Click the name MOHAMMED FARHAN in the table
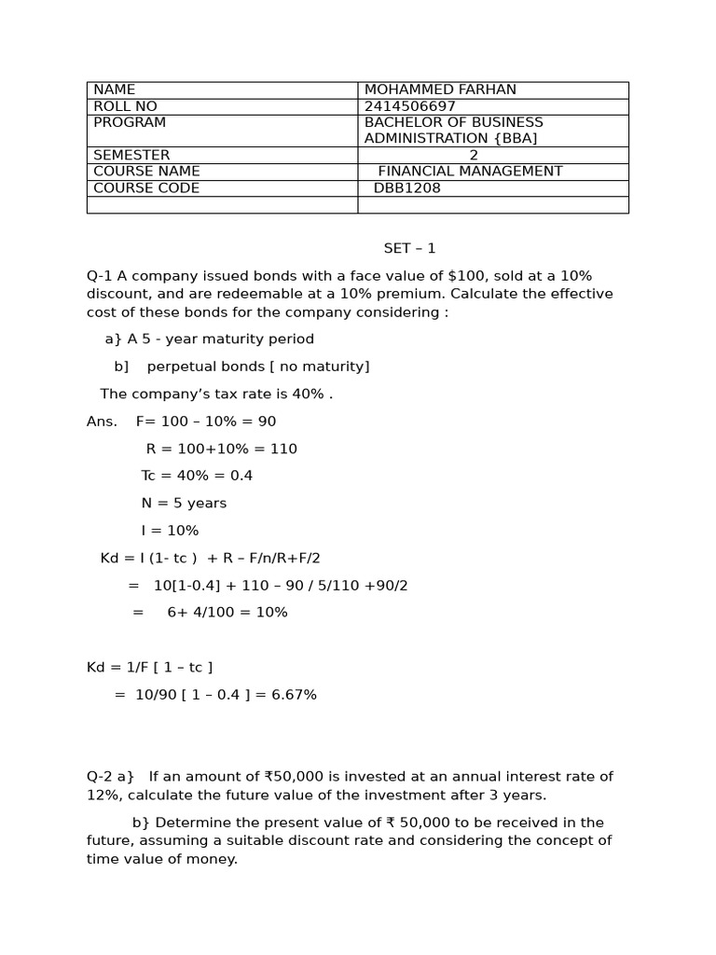click(440, 90)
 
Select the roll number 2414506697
click(409, 106)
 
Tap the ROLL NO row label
click(125, 106)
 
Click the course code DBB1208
click(406, 188)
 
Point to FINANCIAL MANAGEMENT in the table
click(470, 172)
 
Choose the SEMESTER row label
click(131, 155)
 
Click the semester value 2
click(474, 155)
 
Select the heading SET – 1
click(409, 249)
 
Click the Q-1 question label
click(100, 276)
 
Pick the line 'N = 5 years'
click(184, 504)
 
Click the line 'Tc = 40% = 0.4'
click(197, 476)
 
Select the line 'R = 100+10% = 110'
click(221, 449)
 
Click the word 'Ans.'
click(102, 422)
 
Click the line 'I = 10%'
click(170, 531)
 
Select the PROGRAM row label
click(130, 122)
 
